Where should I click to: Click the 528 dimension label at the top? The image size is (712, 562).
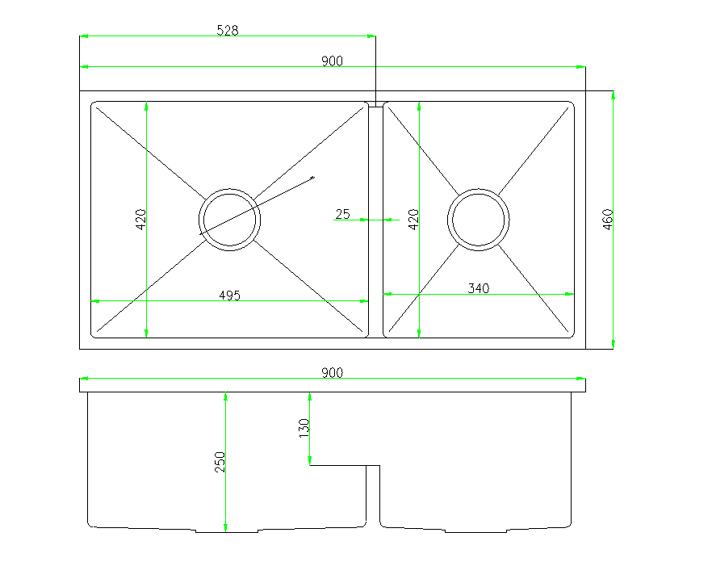pos(228,31)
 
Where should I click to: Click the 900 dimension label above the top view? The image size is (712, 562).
pos(332,61)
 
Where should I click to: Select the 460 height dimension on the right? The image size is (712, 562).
pos(609,220)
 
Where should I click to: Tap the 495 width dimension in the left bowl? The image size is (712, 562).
pos(230,295)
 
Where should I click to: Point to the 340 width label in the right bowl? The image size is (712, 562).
pos(479,288)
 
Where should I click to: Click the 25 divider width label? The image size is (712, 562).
pos(342,214)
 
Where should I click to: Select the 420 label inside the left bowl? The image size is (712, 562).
pos(140,220)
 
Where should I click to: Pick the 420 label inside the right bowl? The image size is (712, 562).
pos(413,220)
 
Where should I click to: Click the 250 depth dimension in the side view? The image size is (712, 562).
pos(220,462)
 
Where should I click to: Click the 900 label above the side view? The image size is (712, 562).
pos(332,372)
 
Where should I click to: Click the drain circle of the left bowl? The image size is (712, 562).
pos(230,220)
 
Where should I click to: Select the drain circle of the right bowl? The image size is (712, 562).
pos(480,220)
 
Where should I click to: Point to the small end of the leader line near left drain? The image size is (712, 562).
pos(313,177)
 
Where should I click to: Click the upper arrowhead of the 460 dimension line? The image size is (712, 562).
pos(614,94)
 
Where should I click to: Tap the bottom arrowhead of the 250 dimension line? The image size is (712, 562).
pos(225,528)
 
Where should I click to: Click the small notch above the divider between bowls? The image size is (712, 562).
pos(376,103)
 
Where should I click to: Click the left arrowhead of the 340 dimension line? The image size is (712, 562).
pos(387,295)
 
